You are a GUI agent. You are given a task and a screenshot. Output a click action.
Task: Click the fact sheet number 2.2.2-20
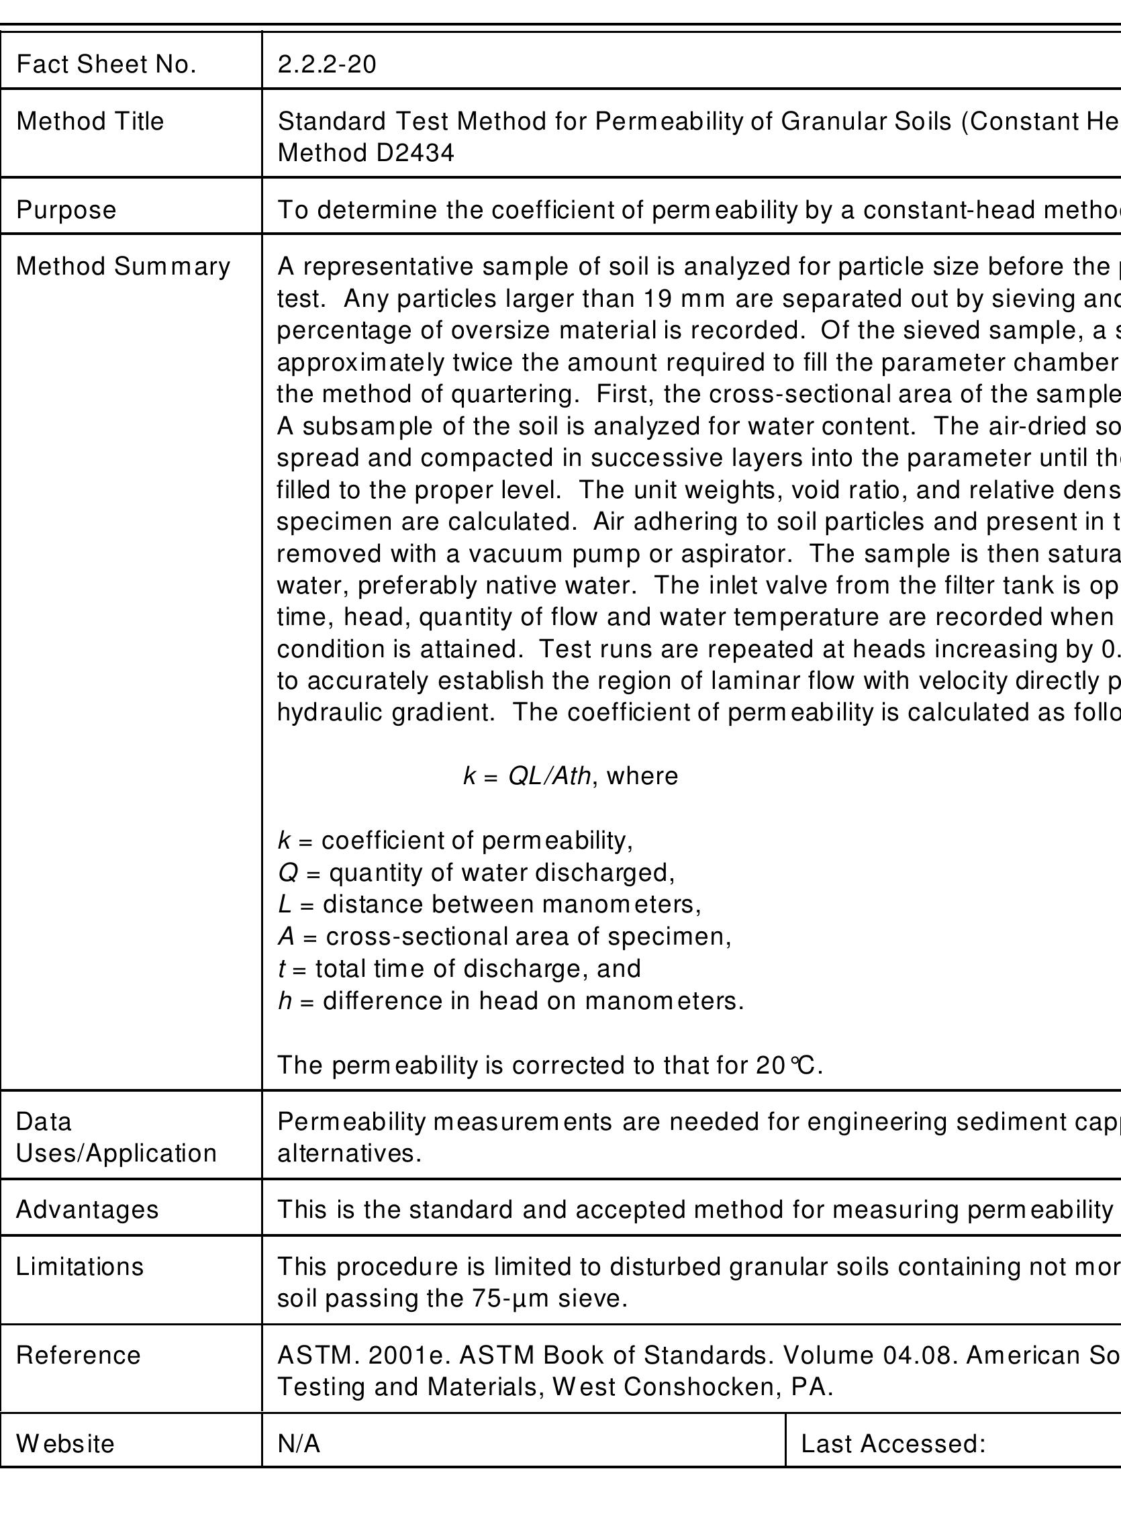pyautogui.click(x=326, y=64)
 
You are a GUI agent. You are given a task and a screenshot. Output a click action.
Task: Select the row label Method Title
pyautogui.click(x=89, y=122)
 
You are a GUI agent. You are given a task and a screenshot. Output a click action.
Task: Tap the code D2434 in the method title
pyautogui.click(x=415, y=153)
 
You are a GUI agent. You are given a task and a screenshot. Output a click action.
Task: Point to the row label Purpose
pyautogui.click(x=66, y=209)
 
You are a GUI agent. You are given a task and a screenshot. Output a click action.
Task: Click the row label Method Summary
pyautogui.click(x=123, y=267)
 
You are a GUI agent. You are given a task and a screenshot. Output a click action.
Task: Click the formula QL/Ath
pyautogui.click(x=550, y=775)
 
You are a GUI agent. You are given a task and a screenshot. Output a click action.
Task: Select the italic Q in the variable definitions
pyautogui.click(x=288, y=873)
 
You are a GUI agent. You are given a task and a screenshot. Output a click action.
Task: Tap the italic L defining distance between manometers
pyautogui.click(x=284, y=904)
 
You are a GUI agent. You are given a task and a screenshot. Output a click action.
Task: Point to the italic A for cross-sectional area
pyautogui.click(x=286, y=937)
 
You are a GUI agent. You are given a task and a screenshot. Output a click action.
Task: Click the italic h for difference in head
pyautogui.click(x=285, y=1001)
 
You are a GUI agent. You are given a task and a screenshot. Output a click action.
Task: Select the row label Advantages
pyautogui.click(x=87, y=1209)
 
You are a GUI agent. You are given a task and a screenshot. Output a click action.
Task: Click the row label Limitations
pyautogui.click(x=79, y=1266)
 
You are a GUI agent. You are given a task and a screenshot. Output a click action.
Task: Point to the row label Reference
pyautogui.click(x=78, y=1355)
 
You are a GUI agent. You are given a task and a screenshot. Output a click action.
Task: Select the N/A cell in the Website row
pyautogui.click(x=299, y=1444)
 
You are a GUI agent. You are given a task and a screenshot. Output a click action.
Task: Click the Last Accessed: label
pyautogui.click(x=893, y=1444)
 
